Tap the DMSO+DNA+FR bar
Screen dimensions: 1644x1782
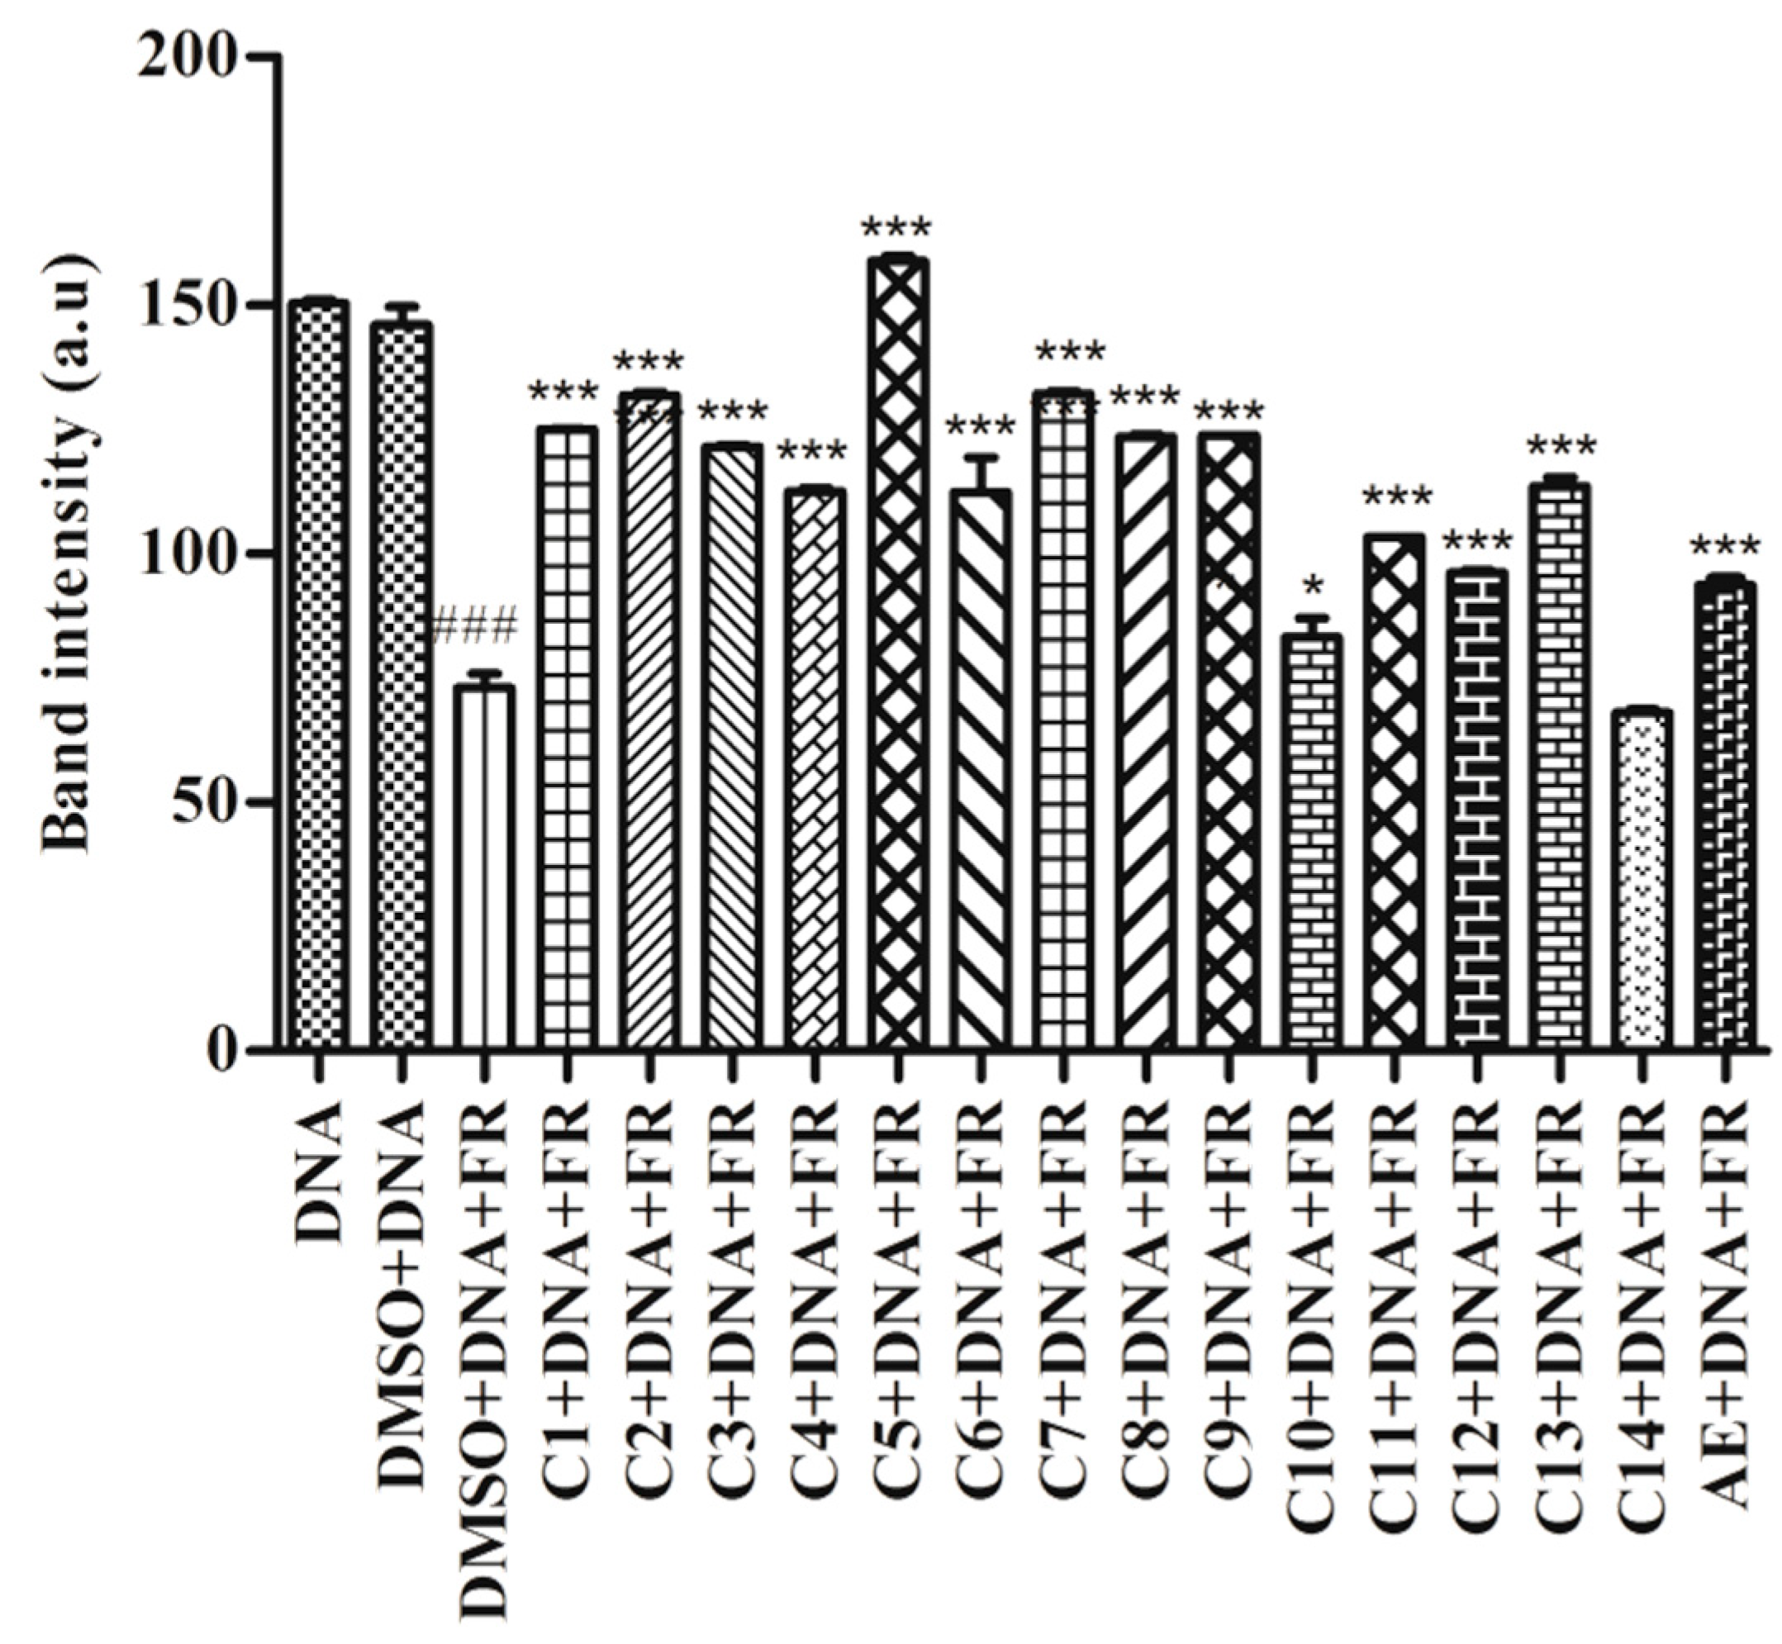pos(483,867)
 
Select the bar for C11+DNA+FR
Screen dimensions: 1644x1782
pos(1392,791)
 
